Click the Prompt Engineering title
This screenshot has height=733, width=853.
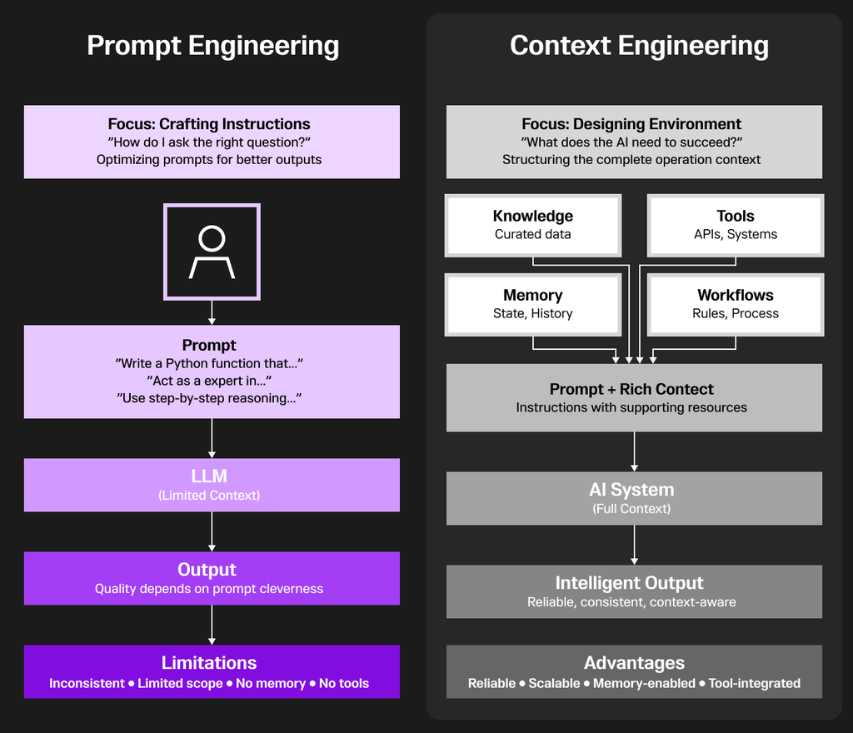click(212, 46)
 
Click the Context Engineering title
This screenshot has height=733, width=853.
click(639, 46)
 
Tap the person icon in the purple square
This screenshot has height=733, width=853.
click(212, 252)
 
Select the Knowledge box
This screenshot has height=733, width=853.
click(533, 225)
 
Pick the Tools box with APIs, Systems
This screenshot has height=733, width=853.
click(736, 225)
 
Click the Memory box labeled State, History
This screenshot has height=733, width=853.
click(533, 304)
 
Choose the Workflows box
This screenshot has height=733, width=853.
click(736, 304)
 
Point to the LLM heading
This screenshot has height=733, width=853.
click(209, 476)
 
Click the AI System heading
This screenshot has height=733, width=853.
click(631, 490)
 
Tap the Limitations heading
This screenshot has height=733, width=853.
click(209, 663)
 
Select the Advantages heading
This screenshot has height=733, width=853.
click(634, 663)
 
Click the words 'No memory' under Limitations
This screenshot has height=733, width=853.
click(270, 684)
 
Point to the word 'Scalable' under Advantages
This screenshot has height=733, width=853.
click(554, 684)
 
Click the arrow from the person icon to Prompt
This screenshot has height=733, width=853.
click(212, 312)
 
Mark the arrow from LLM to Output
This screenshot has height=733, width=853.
click(212, 531)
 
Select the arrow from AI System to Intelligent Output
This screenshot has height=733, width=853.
click(635, 545)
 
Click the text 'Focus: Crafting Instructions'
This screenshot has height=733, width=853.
click(209, 125)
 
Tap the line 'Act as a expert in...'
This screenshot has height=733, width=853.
click(209, 381)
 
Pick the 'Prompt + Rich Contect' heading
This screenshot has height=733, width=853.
click(631, 389)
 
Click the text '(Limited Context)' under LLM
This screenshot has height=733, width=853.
click(209, 496)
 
